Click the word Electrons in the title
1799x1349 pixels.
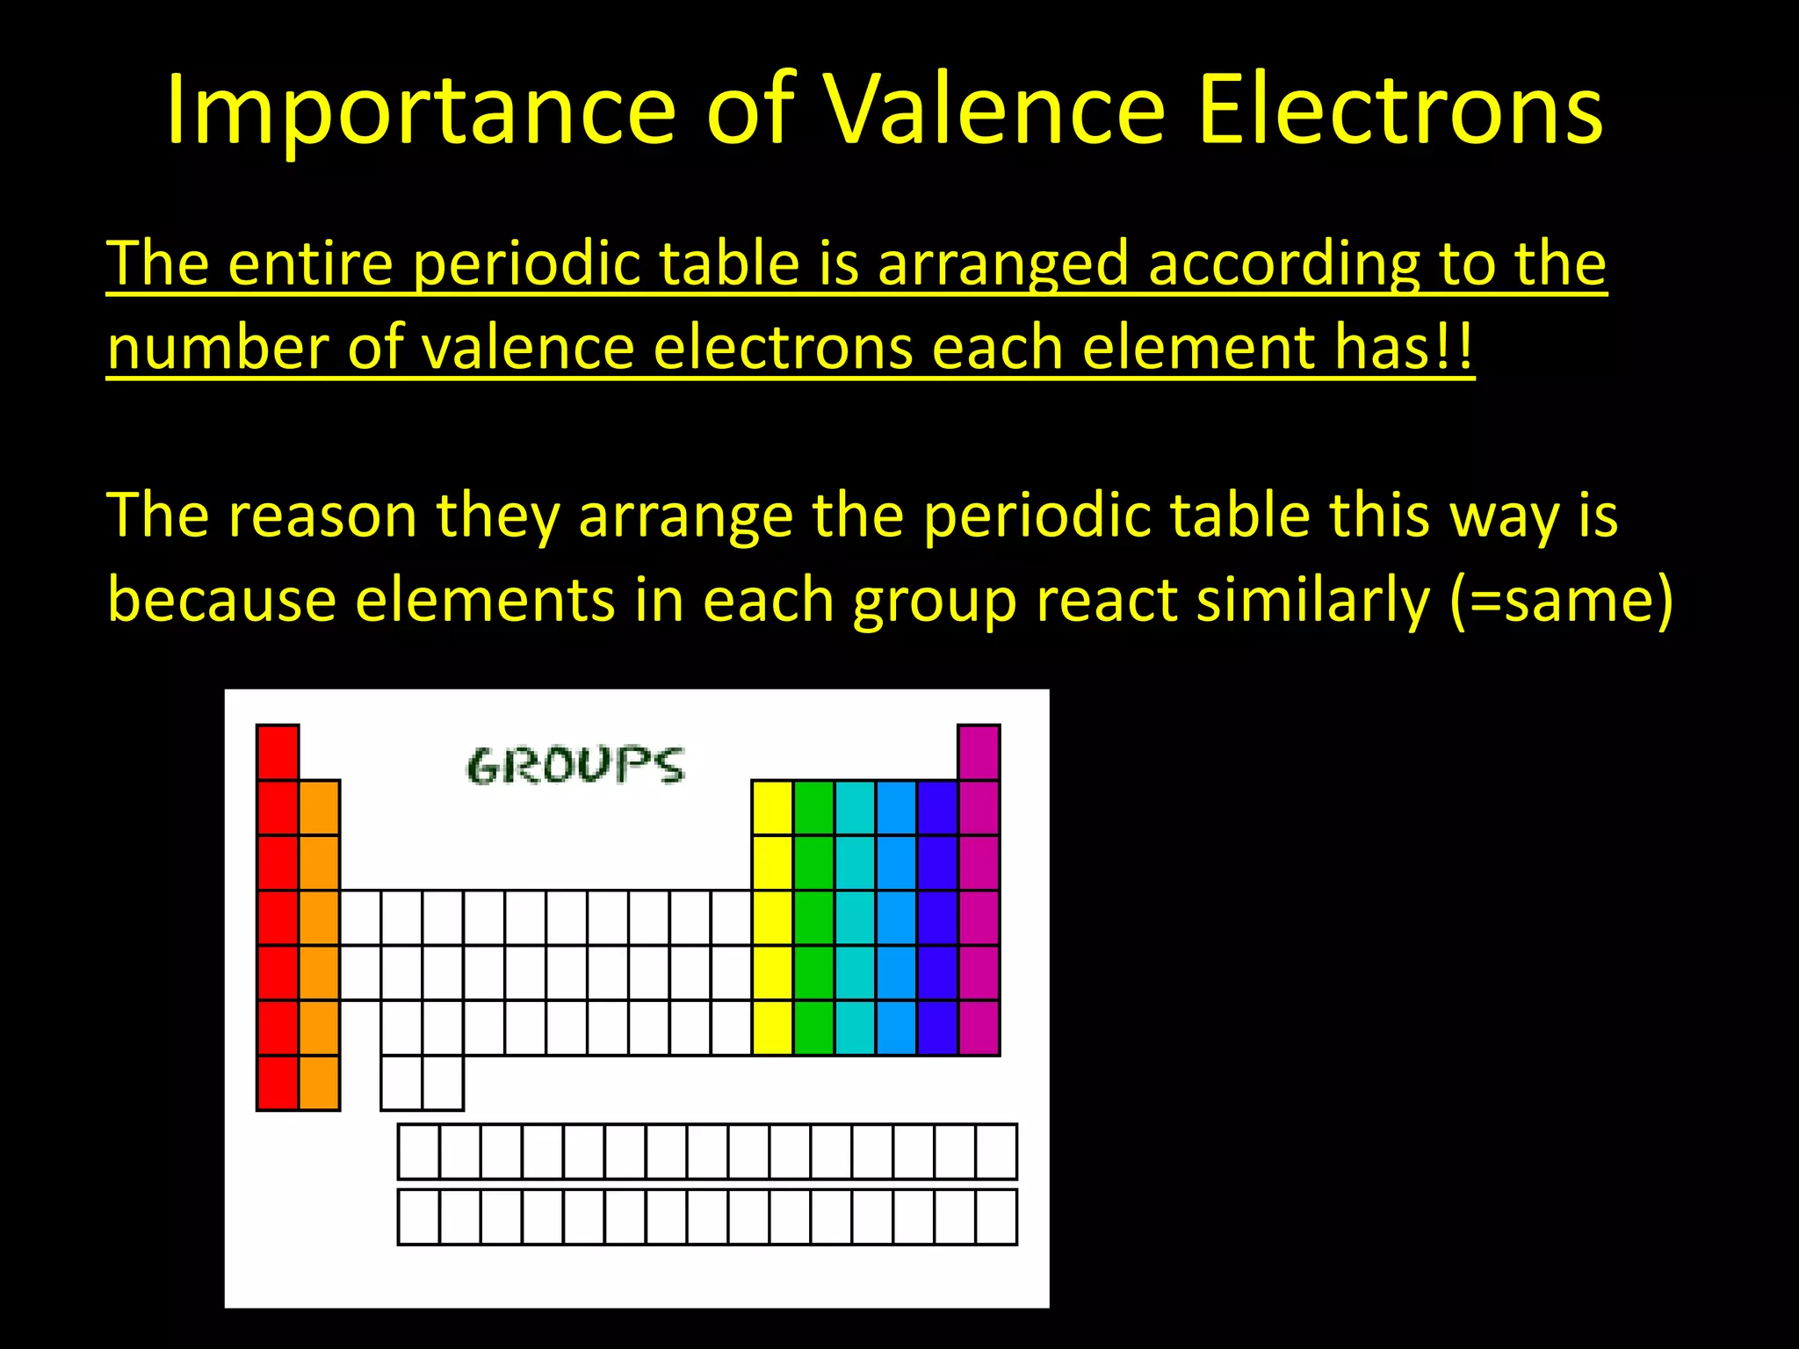1400,110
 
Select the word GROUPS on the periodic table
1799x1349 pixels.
574,765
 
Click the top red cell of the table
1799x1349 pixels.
278,752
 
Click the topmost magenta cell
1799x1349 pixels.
979,752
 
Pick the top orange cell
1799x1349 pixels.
319,807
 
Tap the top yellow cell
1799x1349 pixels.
773,807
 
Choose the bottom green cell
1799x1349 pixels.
814,1028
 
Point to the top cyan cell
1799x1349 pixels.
856,807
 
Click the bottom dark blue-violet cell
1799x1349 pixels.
937,1028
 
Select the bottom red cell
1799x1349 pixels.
278,1083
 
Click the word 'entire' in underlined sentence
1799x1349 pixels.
310,263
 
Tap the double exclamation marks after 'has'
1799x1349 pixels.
1455,348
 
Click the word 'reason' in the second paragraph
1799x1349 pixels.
322,516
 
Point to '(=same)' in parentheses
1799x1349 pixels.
1562,601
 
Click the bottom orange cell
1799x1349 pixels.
319,1083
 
